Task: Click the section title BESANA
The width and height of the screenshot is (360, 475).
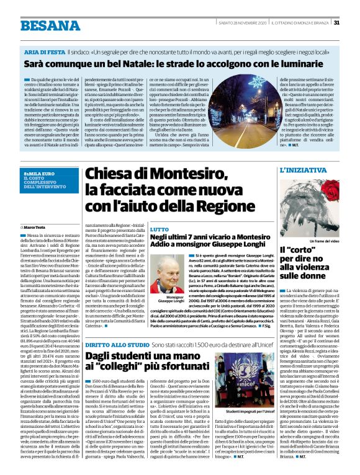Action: coord(42,25)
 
